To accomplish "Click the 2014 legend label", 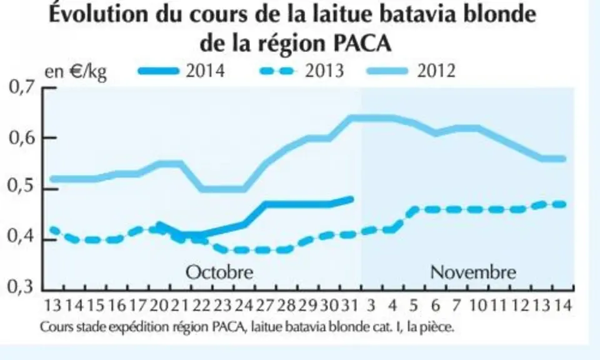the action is [x=205, y=71].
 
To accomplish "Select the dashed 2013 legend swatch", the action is [x=277, y=71].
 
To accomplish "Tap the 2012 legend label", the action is [x=436, y=71].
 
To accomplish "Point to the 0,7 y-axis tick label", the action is [x=21, y=87].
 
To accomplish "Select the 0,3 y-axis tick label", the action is [x=21, y=287].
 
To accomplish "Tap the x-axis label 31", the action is [x=349, y=305].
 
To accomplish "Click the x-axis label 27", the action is [x=265, y=305].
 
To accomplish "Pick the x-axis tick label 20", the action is [x=158, y=305].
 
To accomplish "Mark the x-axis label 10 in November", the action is [x=477, y=305].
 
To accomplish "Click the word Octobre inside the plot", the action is [x=219, y=272].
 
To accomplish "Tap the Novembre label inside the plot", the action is [x=473, y=272].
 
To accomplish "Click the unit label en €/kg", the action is [x=76, y=72].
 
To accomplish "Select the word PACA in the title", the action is [x=362, y=43].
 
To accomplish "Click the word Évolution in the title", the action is [x=98, y=14].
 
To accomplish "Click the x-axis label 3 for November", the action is [x=371, y=305].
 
